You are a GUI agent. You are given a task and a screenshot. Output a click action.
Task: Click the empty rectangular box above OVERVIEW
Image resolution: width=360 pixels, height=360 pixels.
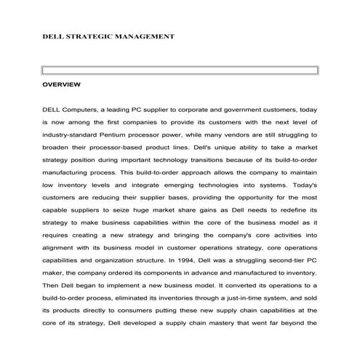point(180,71)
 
